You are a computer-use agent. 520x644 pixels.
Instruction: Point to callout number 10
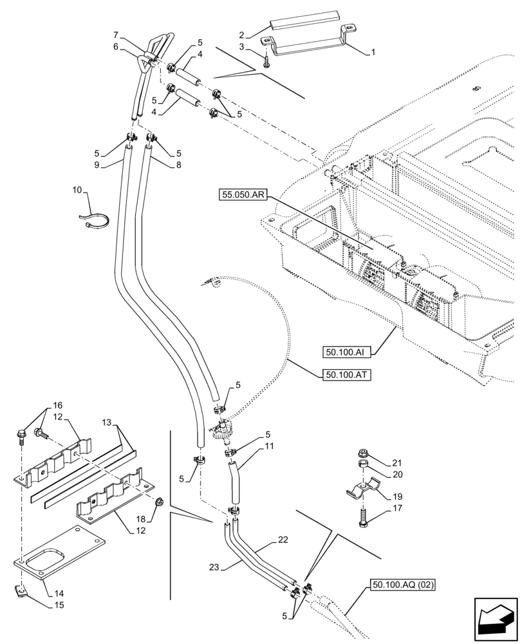pos(77,191)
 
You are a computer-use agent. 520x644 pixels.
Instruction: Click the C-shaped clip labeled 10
pos(94,220)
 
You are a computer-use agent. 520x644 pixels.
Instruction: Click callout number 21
pos(396,463)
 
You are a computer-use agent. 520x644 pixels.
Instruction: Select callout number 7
pos(116,33)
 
